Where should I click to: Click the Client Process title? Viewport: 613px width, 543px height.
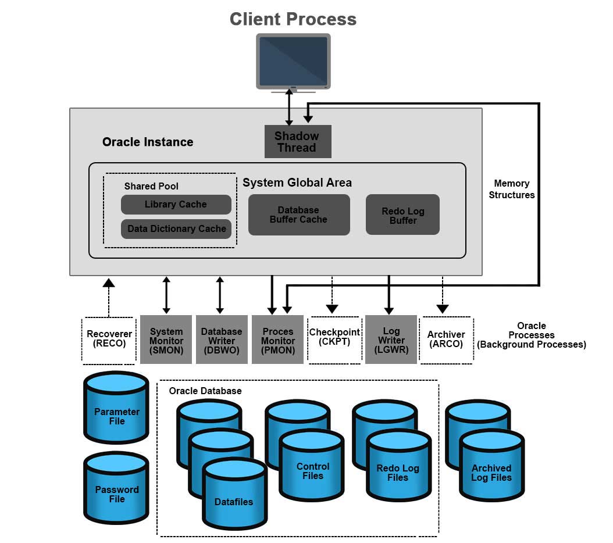(293, 19)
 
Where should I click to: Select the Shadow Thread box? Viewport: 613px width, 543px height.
(297, 142)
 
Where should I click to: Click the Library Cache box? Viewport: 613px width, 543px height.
(176, 205)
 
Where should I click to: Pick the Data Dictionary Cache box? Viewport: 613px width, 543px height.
(176, 229)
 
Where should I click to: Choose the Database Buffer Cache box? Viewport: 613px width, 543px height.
(298, 215)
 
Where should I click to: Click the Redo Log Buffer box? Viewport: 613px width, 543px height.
(402, 215)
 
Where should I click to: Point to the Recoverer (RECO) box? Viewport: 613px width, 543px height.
(109, 340)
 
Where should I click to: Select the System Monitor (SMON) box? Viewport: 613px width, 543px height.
(166, 340)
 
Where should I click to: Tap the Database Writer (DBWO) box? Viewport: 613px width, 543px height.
(222, 340)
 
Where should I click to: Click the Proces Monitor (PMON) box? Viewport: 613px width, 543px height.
(277, 340)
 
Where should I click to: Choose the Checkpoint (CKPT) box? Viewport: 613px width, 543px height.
(334, 340)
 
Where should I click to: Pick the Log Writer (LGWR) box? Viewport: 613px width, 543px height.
(391, 340)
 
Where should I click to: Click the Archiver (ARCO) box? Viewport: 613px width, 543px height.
(446, 340)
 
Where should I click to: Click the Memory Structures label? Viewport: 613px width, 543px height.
(511, 190)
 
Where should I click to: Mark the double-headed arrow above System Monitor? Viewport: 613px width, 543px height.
(166, 295)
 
